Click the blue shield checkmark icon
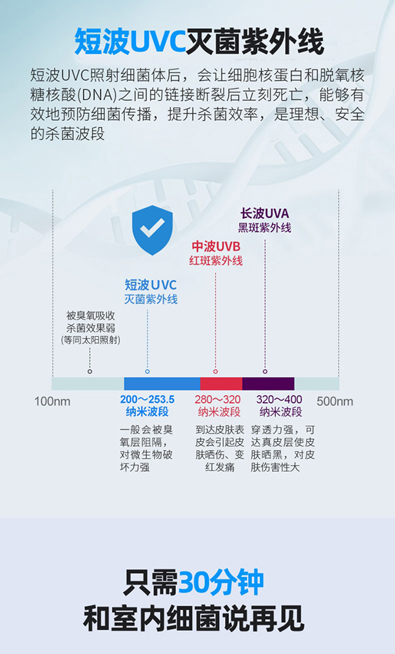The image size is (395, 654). (152, 230)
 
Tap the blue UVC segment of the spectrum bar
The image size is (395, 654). (162, 384)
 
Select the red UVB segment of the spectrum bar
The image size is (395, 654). (221, 384)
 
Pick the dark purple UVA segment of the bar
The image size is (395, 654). (268, 384)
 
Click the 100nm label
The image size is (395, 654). (52, 402)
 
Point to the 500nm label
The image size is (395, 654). (335, 402)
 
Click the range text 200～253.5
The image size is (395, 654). (147, 400)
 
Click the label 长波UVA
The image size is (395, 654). (264, 214)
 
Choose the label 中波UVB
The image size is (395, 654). (216, 247)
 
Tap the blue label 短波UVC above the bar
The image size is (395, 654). (150, 285)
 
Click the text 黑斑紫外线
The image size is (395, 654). (264, 228)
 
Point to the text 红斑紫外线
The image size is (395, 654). (216, 261)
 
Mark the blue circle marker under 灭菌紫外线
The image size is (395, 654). (148, 371)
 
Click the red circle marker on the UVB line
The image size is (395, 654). (216, 371)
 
